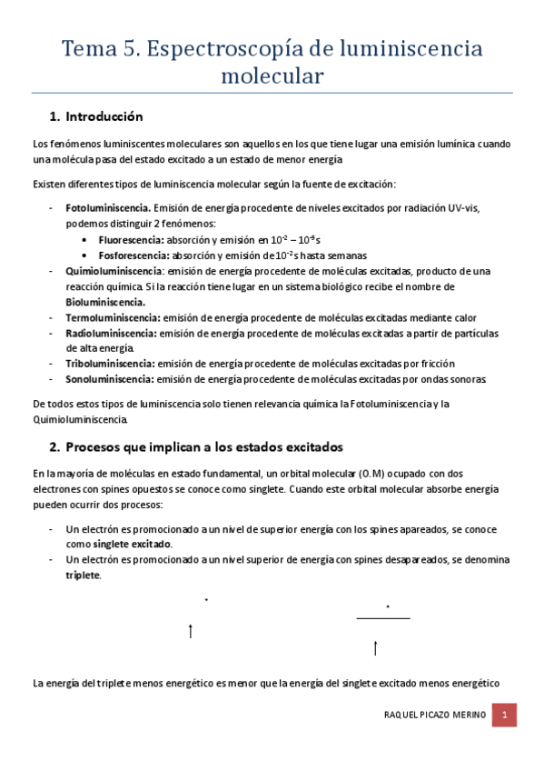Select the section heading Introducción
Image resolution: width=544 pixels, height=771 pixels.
click(x=104, y=116)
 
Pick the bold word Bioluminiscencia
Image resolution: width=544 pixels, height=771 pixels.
click(x=105, y=302)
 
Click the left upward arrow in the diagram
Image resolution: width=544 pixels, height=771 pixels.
click(x=190, y=630)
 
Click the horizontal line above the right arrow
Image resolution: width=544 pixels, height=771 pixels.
click(x=383, y=618)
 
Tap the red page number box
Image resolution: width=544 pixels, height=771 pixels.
click(x=505, y=716)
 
